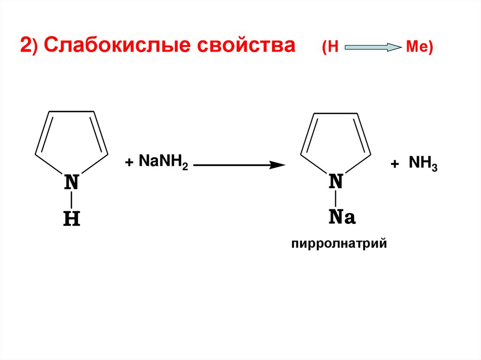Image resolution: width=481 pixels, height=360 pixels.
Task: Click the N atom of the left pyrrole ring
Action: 71,182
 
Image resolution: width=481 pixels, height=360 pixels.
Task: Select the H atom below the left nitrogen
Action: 71,219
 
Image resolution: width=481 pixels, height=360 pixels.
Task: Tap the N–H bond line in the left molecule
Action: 71,200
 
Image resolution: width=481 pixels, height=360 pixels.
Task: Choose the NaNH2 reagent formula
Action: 163,163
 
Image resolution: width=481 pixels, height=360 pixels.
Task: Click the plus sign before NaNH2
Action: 129,163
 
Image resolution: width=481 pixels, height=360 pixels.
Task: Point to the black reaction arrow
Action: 240,165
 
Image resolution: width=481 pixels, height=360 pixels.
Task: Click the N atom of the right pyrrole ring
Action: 336,181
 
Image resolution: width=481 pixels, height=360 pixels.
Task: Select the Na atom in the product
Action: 341,217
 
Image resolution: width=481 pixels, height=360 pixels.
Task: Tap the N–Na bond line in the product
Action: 336,199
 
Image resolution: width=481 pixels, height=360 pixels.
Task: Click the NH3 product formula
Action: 423,164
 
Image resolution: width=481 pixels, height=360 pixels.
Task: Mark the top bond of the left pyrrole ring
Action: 72,112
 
